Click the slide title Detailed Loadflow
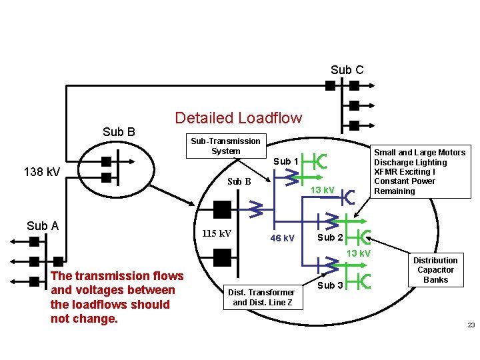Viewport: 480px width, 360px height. click(238, 118)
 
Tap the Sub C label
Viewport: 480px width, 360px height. click(347, 70)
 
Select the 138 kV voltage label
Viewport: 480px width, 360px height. click(41, 173)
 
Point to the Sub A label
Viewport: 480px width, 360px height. click(43, 225)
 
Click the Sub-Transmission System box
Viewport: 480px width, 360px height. click(225, 146)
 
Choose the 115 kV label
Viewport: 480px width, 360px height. click(216, 234)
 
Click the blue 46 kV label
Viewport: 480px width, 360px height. click(282, 238)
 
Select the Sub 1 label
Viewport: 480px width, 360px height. click(282, 161)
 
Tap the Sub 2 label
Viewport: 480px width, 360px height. click(330, 237)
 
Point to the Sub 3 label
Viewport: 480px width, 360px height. click(330, 285)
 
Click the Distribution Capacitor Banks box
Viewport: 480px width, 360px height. click(435, 270)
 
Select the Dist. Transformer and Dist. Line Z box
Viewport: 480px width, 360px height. click(262, 297)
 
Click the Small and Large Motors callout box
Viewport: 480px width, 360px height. click(419, 172)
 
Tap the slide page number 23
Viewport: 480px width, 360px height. click(470, 325)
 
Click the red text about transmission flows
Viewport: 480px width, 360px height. click(117, 297)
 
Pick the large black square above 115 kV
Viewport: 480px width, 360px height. click(222, 209)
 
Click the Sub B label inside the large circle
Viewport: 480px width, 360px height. click(239, 181)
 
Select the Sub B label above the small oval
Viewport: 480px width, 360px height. click(119, 132)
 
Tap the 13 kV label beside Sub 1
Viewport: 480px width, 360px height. click(323, 190)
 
